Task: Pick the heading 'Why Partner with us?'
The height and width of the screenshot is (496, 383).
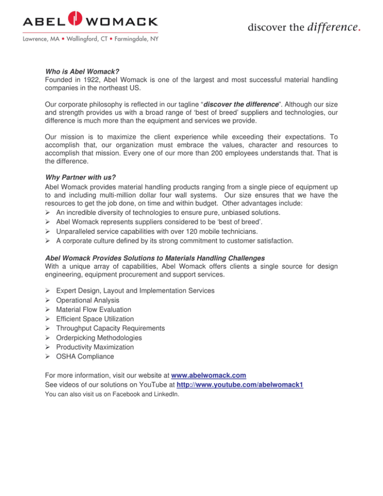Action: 83,176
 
